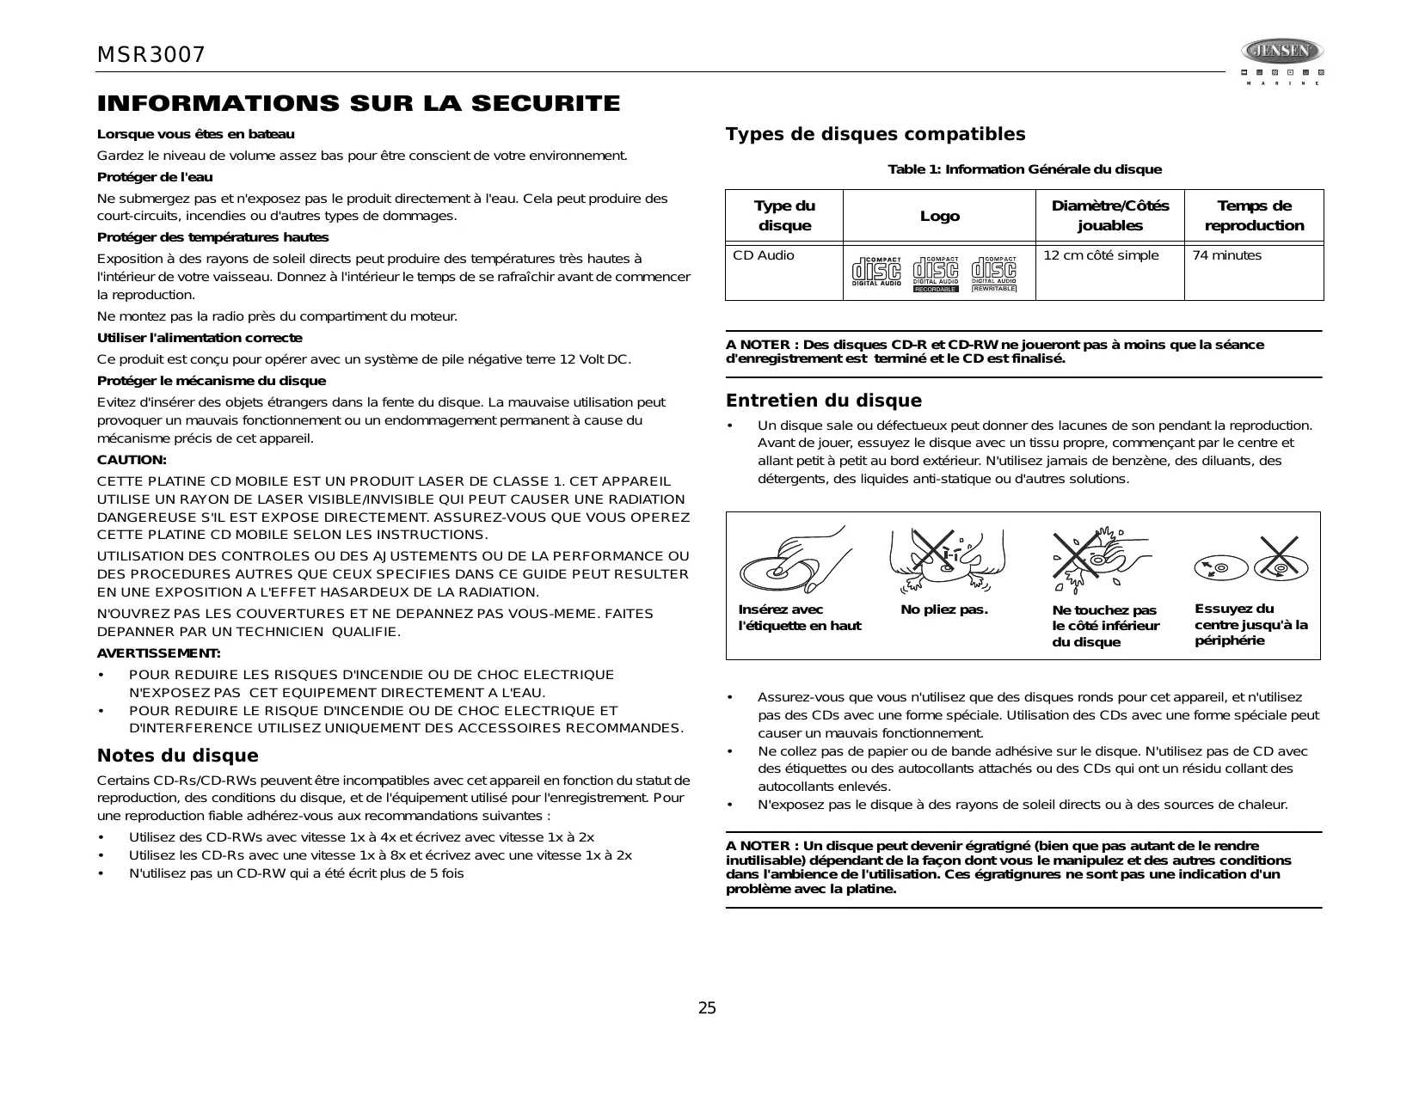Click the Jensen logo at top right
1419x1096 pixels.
click(1281, 52)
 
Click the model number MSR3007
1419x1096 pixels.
click(151, 55)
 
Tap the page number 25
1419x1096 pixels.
click(706, 1008)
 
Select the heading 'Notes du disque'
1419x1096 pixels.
click(177, 756)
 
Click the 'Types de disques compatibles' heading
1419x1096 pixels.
click(875, 134)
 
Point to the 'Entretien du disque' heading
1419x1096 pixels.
click(823, 401)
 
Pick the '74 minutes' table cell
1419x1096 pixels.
click(1226, 255)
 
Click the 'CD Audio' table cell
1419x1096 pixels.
click(764, 255)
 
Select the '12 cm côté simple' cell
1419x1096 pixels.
click(1101, 255)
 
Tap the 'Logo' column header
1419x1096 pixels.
click(939, 216)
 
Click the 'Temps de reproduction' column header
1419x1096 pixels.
click(1254, 216)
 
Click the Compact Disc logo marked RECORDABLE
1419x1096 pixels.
click(935, 274)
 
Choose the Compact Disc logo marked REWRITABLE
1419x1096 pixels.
click(994, 274)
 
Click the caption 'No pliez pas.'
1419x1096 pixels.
click(943, 609)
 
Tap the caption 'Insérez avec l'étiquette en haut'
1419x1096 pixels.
click(799, 617)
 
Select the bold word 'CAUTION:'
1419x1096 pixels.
click(132, 460)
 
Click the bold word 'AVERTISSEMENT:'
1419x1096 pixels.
click(158, 653)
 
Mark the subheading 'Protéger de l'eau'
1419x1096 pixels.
click(155, 177)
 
